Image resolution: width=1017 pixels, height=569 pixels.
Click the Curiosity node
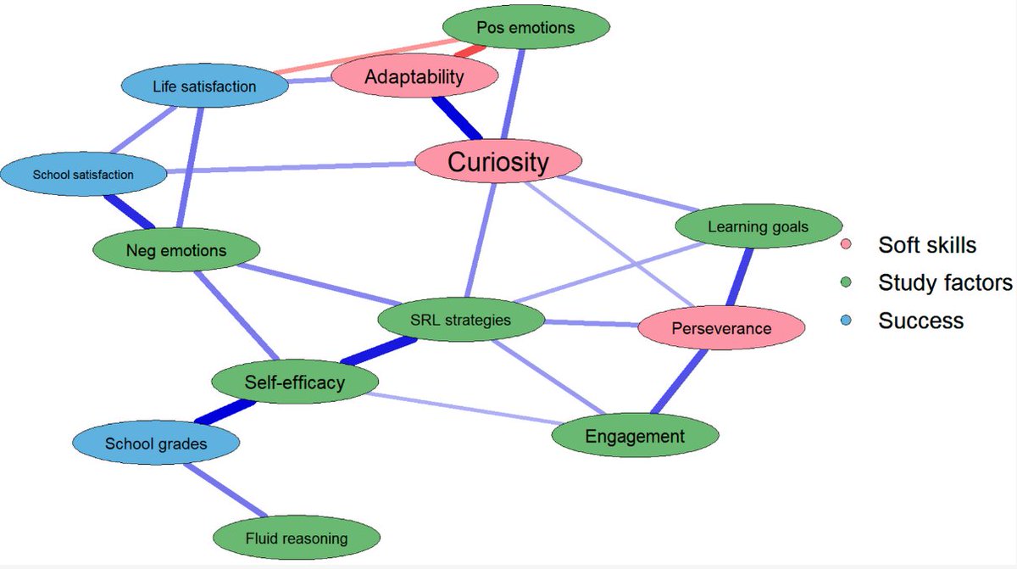(498, 161)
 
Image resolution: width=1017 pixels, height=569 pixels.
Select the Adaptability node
(414, 77)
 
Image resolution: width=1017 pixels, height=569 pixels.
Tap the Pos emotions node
(525, 27)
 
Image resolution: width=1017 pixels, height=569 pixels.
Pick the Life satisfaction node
(204, 86)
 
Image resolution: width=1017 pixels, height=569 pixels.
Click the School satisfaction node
(83, 175)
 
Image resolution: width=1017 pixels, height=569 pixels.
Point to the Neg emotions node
(176, 250)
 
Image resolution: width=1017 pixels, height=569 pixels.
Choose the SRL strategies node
(461, 321)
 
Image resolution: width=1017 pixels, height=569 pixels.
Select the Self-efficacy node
(295, 382)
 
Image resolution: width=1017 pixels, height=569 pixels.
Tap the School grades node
(156, 443)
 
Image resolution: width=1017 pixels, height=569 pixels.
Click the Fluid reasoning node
(297, 538)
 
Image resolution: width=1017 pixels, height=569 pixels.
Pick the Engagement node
(635, 437)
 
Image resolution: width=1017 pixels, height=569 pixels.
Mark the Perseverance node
(721, 328)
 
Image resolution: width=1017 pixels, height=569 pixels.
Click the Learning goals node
(758, 226)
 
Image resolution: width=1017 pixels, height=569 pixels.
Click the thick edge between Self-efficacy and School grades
(225, 413)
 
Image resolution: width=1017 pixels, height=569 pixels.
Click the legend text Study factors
(944, 283)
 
